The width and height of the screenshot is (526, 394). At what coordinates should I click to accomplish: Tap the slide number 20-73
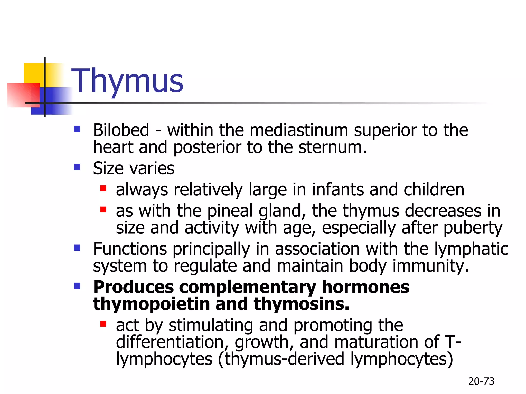(x=481, y=381)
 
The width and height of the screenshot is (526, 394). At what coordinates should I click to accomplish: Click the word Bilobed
(x=121, y=130)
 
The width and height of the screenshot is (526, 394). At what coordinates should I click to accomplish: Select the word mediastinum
(x=299, y=130)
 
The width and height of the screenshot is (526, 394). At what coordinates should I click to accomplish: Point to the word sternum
(x=332, y=147)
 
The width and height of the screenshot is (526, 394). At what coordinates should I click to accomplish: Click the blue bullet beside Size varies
(x=77, y=168)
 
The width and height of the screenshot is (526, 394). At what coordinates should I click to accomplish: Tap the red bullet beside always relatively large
(x=103, y=189)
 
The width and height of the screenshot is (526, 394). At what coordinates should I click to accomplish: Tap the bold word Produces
(x=133, y=287)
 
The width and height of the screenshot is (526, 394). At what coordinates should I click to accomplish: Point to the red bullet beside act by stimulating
(x=103, y=324)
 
